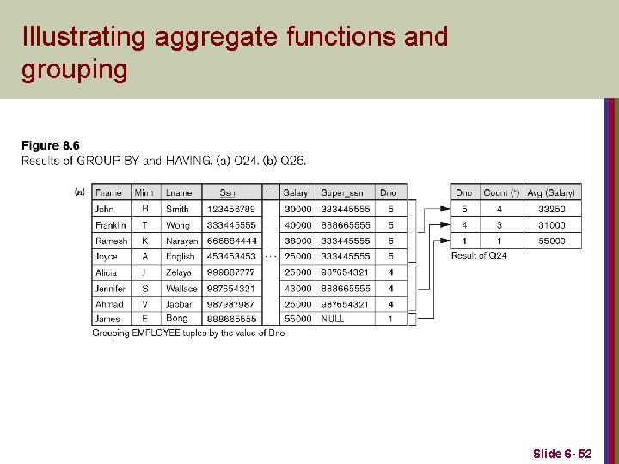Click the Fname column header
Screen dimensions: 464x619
click(x=108, y=193)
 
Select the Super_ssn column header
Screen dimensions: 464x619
click(x=340, y=193)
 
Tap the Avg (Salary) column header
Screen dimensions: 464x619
click(x=551, y=193)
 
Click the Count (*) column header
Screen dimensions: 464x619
click(x=500, y=193)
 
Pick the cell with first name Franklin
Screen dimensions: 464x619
click(x=111, y=225)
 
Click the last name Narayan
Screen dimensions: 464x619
click(x=181, y=241)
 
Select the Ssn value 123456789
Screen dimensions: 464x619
click(x=230, y=209)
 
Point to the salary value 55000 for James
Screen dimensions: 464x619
click(x=297, y=319)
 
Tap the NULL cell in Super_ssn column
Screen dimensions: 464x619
click(x=333, y=319)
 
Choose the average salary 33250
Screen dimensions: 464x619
click(x=551, y=209)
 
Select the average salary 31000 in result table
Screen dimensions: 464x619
click(x=551, y=225)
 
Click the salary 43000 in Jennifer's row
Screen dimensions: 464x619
click(x=297, y=289)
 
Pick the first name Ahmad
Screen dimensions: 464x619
click(x=109, y=304)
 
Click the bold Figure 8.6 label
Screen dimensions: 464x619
click(x=51, y=146)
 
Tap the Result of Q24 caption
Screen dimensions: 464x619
click(x=479, y=255)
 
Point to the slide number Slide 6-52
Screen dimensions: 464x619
click(x=562, y=453)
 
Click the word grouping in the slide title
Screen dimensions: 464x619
click(x=74, y=69)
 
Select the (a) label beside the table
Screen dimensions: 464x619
click(x=80, y=192)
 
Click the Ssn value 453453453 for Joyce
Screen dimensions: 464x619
click(x=230, y=257)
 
